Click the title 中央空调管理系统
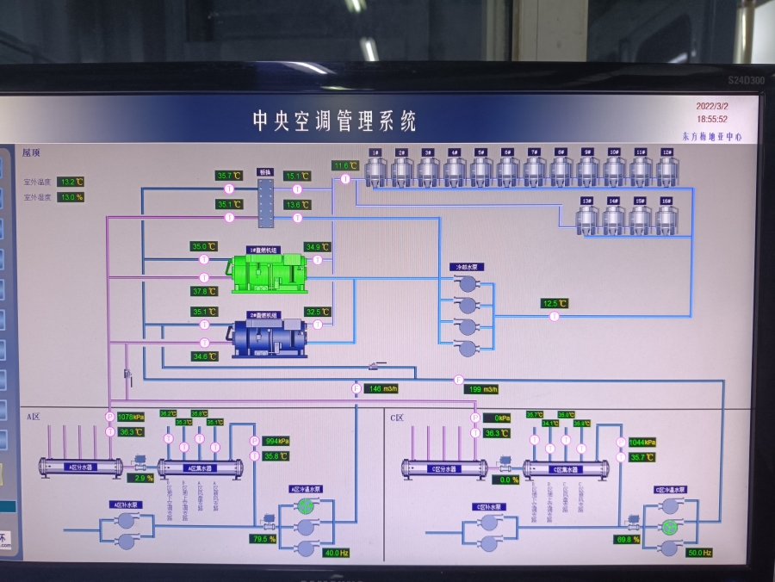click(x=334, y=121)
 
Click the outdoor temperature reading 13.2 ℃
click(x=71, y=182)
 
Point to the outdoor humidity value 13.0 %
click(x=71, y=197)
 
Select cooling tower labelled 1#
click(x=375, y=169)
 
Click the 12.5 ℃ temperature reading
click(x=555, y=303)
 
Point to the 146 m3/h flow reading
click(x=381, y=389)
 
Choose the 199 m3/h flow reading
click(x=482, y=389)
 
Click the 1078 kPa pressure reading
click(x=131, y=418)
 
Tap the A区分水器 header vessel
click(x=82, y=467)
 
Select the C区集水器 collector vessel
click(x=566, y=468)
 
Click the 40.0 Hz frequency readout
click(x=336, y=553)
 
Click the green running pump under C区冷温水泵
click(x=670, y=526)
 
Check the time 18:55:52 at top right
click(x=712, y=120)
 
